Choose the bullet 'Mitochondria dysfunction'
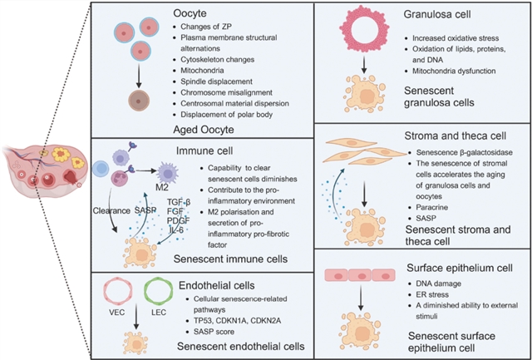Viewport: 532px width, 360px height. (449, 71)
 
